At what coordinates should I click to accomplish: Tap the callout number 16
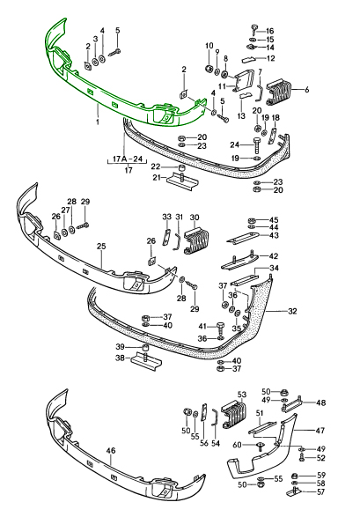(269, 31)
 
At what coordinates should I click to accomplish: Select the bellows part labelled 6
(280, 91)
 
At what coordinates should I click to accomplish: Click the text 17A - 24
(128, 159)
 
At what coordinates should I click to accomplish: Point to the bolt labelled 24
(257, 145)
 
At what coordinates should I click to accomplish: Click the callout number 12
(270, 59)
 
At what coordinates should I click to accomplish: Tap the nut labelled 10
(209, 69)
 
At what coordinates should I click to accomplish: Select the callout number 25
(101, 246)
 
